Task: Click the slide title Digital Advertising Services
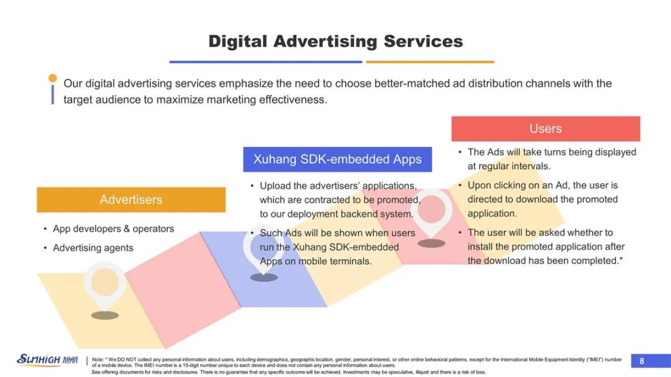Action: [x=335, y=42]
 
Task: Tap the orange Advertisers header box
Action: [x=131, y=200]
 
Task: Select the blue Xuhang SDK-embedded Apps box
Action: [x=337, y=159]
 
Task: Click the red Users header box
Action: [x=545, y=128]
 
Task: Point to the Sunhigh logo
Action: [x=47, y=360]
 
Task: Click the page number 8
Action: [x=641, y=361]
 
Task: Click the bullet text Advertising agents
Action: [x=93, y=247]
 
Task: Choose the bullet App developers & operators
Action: [x=114, y=229]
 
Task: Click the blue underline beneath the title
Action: [x=266, y=62]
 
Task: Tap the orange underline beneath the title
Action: [x=430, y=62]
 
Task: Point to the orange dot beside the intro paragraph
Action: [x=53, y=78]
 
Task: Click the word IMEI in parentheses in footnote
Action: [x=596, y=360]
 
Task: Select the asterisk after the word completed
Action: [x=621, y=259]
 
